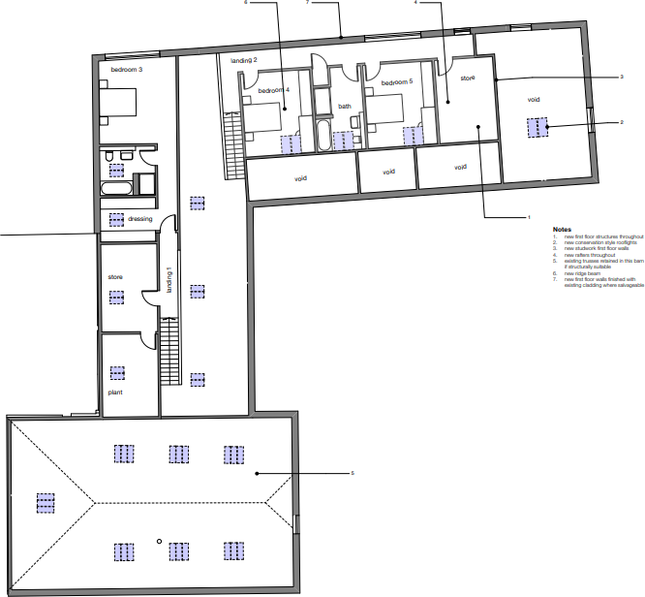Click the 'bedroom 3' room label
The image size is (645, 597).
pyautogui.click(x=126, y=70)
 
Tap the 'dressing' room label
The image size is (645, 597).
pyautogui.click(x=140, y=219)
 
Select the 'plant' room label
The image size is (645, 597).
pyautogui.click(x=115, y=393)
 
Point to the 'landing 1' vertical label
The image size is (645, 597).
pyautogui.click(x=169, y=279)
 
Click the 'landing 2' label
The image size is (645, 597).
pyautogui.click(x=243, y=60)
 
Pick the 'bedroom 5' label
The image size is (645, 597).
pyautogui.click(x=396, y=82)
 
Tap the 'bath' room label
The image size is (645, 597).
pyautogui.click(x=345, y=107)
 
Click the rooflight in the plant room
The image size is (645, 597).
pyautogui.click(x=117, y=372)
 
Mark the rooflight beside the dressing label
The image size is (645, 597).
pyautogui.click(x=117, y=219)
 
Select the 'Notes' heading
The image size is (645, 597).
pyautogui.click(x=562, y=230)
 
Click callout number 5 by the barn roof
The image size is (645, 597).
pyautogui.click(x=353, y=473)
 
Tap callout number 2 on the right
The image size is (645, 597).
pyautogui.click(x=621, y=123)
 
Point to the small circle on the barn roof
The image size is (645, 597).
pyautogui.click(x=159, y=540)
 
